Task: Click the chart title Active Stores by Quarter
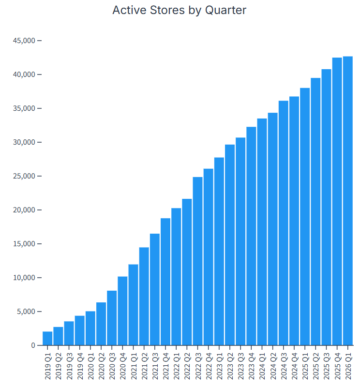[x=180, y=10]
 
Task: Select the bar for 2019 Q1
[x=47, y=338]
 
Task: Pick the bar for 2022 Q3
[x=197, y=261]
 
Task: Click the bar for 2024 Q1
[x=262, y=232]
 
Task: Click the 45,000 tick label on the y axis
[x=24, y=41]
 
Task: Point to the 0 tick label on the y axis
[x=33, y=345]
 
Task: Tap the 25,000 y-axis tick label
[x=24, y=176]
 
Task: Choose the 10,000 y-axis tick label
[x=24, y=278]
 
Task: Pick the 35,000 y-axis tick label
[x=24, y=108]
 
